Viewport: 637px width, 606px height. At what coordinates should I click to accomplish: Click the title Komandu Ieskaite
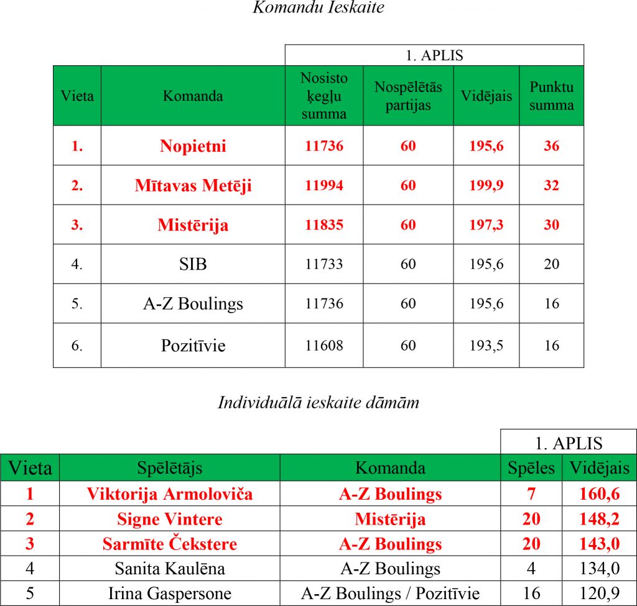point(318,8)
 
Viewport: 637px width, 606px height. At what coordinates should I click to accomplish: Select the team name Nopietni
point(193,146)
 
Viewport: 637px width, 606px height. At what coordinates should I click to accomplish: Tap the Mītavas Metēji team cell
point(193,185)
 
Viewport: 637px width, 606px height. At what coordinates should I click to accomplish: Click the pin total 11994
point(324,185)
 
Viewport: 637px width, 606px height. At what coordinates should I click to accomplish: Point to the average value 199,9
point(486,185)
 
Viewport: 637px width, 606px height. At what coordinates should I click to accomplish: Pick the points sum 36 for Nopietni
point(551,146)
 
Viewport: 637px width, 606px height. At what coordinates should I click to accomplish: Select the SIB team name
point(193,264)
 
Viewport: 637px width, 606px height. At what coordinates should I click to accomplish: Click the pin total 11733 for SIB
point(324,264)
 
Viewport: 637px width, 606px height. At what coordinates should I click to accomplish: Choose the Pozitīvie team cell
point(193,346)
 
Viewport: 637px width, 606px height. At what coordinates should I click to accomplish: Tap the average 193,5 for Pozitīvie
point(486,346)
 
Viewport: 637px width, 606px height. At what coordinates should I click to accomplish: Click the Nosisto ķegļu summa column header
point(324,96)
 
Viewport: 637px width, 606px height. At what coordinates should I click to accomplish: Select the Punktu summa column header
point(551,96)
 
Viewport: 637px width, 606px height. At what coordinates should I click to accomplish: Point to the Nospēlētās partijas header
point(408,96)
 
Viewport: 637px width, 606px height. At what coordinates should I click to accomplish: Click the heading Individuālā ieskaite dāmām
point(318,403)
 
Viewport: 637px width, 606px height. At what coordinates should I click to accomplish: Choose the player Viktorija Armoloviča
point(170,494)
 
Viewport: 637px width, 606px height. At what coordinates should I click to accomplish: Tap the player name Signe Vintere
point(170,519)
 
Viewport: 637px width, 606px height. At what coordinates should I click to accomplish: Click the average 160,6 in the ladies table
point(599,494)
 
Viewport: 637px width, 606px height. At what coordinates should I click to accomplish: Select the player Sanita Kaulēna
point(170,568)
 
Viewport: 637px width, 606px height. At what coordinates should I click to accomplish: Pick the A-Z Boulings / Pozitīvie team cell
point(390,593)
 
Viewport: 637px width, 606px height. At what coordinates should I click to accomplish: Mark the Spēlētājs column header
point(170,468)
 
